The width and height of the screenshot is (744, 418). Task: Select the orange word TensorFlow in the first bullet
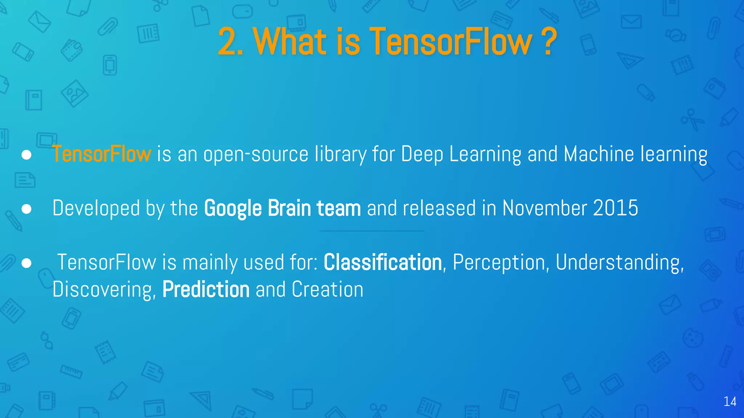click(x=102, y=154)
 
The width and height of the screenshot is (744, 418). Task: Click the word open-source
click(x=256, y=155)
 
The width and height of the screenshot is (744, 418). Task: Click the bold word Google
click(x=233, y=209)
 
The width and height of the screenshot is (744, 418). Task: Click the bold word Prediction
click(x=206, y=290)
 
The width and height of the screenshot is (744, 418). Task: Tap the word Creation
click(x=327, y=290)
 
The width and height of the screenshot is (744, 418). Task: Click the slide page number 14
click(x=730, y=401)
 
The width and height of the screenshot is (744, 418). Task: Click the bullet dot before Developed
click(x=27, y=209)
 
